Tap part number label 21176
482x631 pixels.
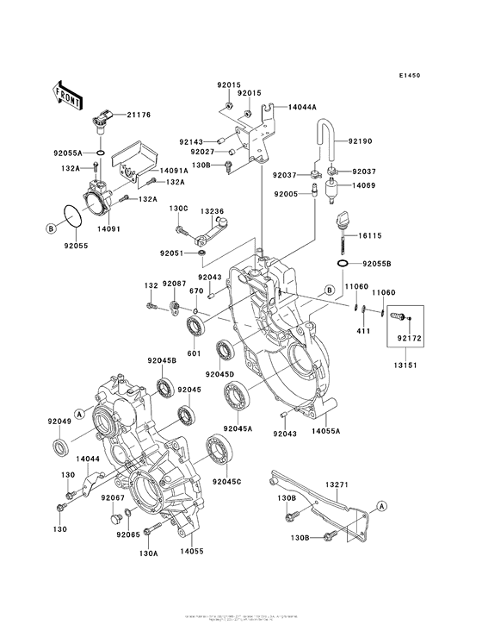[139, 114]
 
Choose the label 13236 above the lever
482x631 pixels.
[212, 211]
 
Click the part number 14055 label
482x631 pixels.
[193, 547]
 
